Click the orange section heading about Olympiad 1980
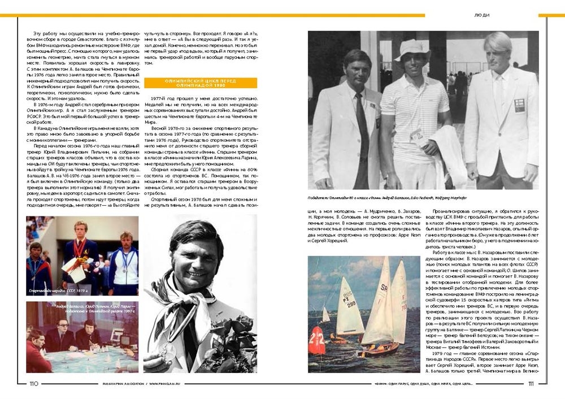201,83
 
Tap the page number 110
33,384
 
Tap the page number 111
531,384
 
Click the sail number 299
351,304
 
